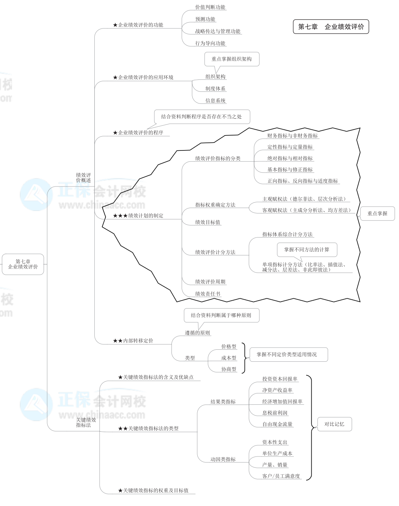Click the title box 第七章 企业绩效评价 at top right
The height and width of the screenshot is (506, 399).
(331, 27)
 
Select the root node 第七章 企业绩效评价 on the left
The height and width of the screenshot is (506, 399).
(23, 264)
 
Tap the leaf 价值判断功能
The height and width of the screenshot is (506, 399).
(210, 7)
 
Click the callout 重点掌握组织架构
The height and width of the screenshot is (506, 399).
(232, 59)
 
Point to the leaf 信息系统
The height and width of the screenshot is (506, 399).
(215, 101)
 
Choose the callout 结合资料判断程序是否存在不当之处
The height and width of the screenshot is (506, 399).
(202, 117)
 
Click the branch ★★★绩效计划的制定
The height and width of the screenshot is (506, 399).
(138, 216)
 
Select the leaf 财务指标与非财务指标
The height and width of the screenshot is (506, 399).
(292, 136)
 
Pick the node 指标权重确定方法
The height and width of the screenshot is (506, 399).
(215, 205)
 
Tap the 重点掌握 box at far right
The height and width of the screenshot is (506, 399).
(377, 213)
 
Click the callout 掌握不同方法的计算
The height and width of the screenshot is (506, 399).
(307, 250)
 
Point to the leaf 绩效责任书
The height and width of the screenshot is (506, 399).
(208, 294)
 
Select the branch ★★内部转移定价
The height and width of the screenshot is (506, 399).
(133, 341)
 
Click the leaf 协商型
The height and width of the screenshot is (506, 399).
(229, 369)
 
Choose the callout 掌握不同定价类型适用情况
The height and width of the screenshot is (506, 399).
(287, 354)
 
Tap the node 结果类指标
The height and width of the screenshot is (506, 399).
(223, 401)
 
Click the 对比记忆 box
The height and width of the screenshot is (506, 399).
(334, 424)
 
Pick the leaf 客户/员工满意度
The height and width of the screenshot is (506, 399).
(281, 476)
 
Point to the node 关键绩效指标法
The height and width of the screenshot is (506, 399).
(86, 423)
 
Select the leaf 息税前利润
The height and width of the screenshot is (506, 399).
(275, 413)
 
